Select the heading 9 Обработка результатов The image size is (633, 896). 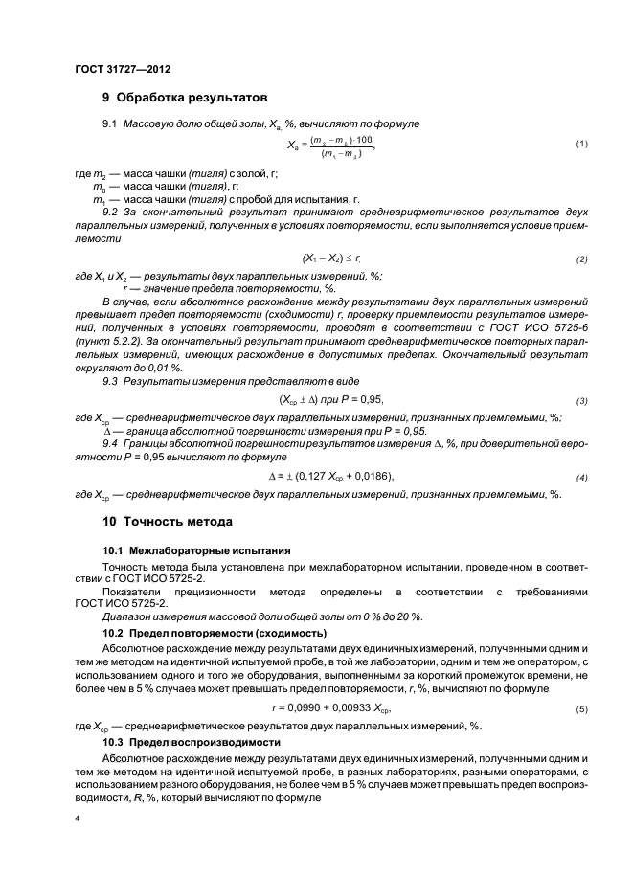(185, 98)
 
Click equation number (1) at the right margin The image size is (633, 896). (580, 144)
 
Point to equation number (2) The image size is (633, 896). (580, 260)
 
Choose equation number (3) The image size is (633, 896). (580, 400)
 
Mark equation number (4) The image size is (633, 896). (580, 478)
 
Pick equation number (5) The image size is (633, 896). (580, 709)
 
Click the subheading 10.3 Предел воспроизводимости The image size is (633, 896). (192, 743)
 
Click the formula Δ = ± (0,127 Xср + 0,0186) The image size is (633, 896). (331, 477)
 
